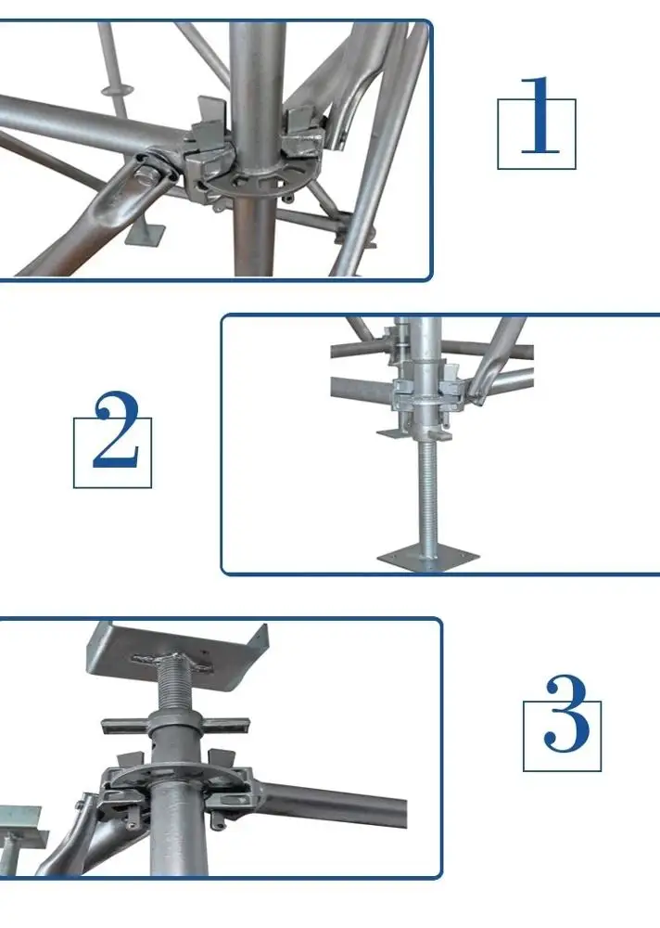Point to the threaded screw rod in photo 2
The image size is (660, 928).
tap(429, 492)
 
